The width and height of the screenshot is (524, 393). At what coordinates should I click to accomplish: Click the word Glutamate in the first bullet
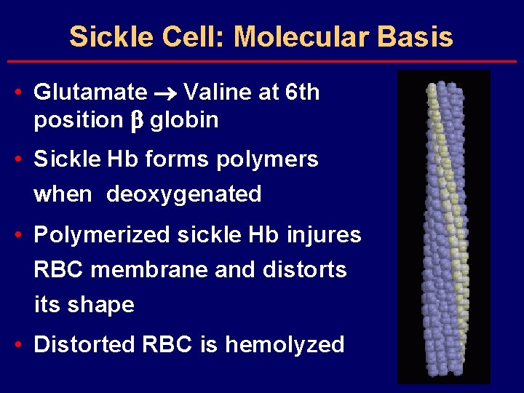click(x=90, y=92)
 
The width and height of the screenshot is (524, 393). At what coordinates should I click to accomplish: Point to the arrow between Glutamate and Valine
click(x=165, y=93)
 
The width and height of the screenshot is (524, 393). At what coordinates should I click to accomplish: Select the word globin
click(x=184, y=120)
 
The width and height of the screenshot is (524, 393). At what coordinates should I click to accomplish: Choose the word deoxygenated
click(x=184, y=194)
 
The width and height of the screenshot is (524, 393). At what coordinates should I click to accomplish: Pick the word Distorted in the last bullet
click(x=82, y=344)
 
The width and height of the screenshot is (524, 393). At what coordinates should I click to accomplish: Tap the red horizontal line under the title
click(x=262, y=62)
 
